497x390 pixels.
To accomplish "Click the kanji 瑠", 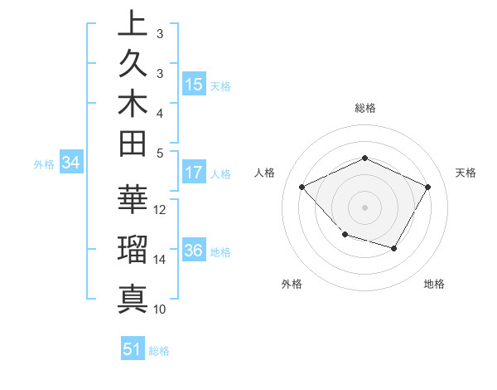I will tap(133, 250).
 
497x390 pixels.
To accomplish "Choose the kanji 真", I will tap(133, 298).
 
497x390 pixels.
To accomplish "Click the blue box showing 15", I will tap(194, 85).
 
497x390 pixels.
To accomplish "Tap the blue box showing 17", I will tap(194, 173).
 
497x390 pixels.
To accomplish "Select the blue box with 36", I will tap(194, 251).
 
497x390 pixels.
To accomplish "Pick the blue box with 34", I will tap(70, 163).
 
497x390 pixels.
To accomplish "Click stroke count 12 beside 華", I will tap(161, 209).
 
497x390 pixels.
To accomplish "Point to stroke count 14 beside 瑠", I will tap(161, 259).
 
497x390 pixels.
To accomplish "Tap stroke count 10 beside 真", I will tap(161, 309).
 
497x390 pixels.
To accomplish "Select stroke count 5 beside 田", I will tap(159, 153).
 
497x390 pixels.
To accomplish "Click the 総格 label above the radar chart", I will tap(365, 108).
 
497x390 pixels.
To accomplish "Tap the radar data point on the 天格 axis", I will tap(427, 187).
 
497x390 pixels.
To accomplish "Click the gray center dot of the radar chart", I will tap(365, 207).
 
